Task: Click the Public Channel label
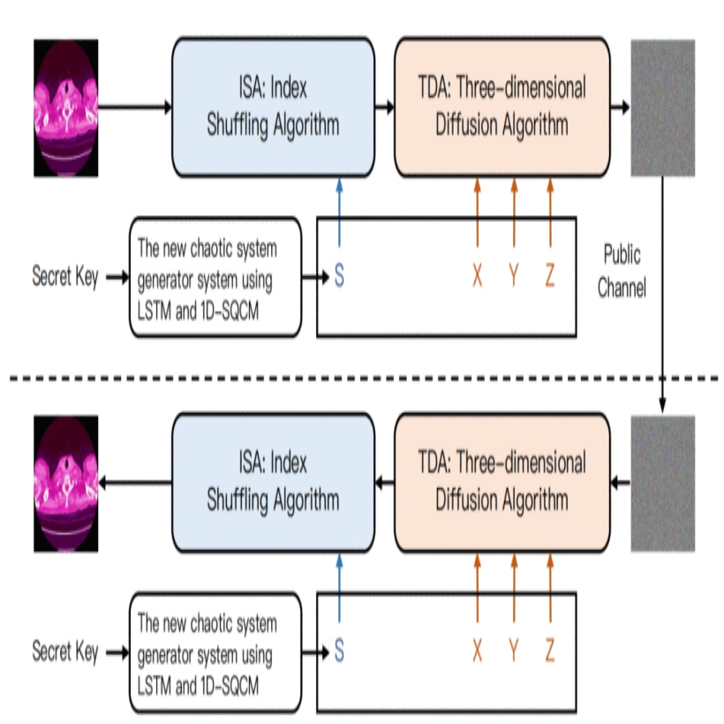tap(622, 272)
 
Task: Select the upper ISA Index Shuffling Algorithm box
tap(273, 108)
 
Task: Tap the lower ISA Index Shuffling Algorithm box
tap(273, 482)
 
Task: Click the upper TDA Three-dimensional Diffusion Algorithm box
tap(502, 108)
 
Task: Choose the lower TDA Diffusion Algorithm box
tap(502, 482)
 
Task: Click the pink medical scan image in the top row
tap(64, 108)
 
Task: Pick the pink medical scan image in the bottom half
tap(64, 484)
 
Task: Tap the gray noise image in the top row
tap(662, 108)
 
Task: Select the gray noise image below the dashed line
tap(662, 484)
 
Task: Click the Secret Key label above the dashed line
tap(64, 276)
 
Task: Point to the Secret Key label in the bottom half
tap(64, 653)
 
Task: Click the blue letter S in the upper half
tap(339, 276)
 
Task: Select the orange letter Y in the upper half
tap(513, 276)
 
